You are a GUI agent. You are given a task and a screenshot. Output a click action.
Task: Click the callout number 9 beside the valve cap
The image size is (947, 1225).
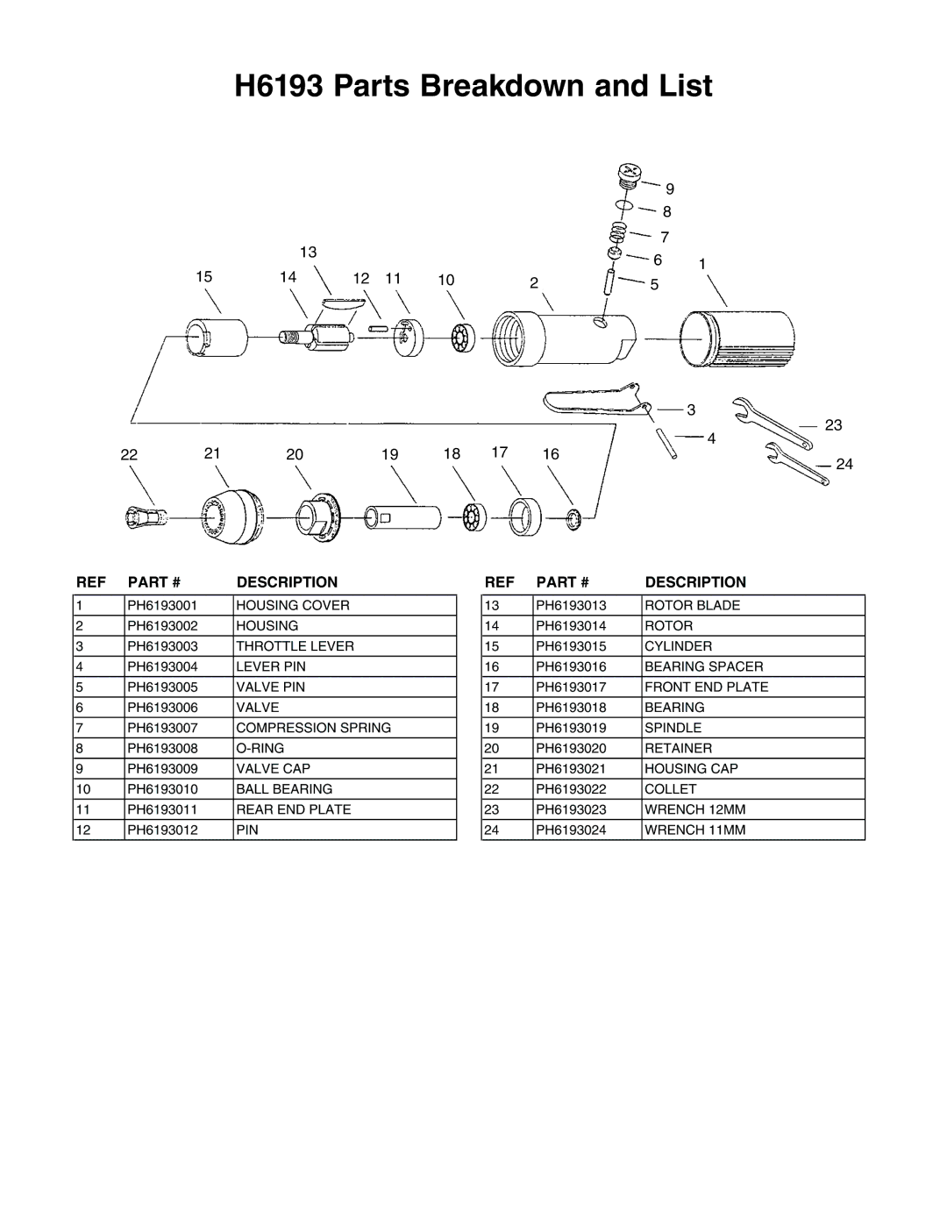[670, 189]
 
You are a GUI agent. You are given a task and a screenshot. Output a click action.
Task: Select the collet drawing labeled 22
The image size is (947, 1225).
[146, 517]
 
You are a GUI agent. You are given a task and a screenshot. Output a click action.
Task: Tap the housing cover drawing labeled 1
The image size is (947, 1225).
[737, 340]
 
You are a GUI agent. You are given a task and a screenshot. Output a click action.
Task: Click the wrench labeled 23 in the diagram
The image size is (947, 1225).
[773, 424]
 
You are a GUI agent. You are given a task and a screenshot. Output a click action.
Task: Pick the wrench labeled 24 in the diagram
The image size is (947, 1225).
[797, 464]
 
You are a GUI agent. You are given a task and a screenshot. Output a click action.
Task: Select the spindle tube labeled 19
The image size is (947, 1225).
[402, 517]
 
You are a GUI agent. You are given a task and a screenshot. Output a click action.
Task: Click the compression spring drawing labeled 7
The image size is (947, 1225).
[618, 232]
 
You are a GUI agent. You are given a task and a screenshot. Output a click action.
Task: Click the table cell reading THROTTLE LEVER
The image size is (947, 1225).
[295, 646]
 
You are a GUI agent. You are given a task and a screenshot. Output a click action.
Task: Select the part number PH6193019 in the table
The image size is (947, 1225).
[571, 728]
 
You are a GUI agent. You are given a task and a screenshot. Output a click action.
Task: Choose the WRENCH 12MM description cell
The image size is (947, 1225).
[695, 809]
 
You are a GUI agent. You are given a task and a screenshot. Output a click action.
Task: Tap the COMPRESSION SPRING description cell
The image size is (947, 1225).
[313, 728]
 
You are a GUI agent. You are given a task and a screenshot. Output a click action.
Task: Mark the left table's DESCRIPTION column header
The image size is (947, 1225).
[287, 581]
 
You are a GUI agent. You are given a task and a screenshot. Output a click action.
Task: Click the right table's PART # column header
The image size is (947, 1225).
[563, 581]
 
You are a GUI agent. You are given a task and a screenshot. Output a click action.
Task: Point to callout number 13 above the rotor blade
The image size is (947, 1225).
[309, 252]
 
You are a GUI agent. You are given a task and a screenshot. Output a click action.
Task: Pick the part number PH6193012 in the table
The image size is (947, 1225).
[162, 830]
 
